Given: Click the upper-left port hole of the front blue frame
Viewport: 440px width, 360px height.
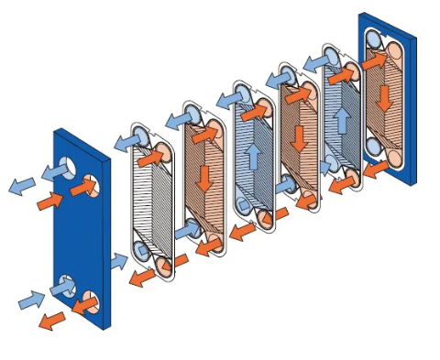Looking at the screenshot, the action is pyautogui.click(x=63, y=167).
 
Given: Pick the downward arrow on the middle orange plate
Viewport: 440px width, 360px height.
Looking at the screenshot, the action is pyautogui.click(x=298, y=138).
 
